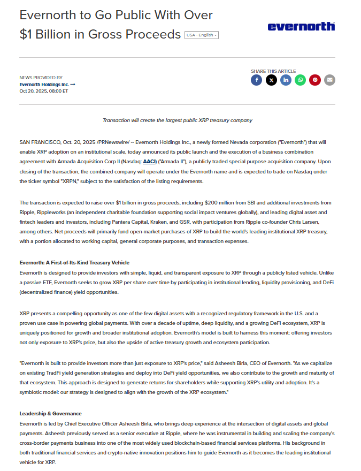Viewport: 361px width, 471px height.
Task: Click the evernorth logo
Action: (301, 26)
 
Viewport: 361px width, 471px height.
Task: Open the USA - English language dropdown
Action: (201, 35)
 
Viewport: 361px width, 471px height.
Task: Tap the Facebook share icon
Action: (257, 80)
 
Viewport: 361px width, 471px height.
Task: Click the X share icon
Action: (271, 80)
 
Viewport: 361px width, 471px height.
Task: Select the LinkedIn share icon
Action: (286, 80)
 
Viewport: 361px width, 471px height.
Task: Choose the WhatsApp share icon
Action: (301, 80)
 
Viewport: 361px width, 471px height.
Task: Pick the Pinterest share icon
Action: (315, 80)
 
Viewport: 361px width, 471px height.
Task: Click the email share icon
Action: (330, 80)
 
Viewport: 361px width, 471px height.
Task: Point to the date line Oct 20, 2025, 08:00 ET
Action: (44, 91)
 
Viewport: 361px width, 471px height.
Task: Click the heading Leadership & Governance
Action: (50, 413)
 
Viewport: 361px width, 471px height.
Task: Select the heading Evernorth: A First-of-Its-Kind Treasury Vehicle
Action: (74, 263)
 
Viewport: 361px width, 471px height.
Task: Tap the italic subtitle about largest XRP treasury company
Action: (177, 120)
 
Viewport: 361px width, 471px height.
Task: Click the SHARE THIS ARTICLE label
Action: (273, 71)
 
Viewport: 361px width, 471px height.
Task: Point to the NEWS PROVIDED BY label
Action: (41, 78)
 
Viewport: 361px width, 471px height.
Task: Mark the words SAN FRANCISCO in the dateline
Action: (40, 142)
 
